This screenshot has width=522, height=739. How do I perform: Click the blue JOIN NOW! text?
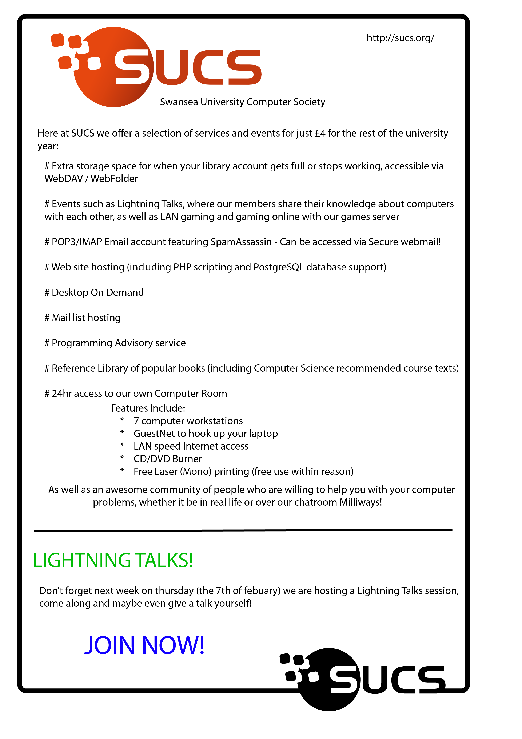click(x=144, y=646)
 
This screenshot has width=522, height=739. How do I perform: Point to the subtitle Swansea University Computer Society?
click(x=243, y=102)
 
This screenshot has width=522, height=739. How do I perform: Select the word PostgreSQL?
click(x=279, y=268)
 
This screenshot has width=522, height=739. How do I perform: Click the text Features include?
click(x=148, y=408)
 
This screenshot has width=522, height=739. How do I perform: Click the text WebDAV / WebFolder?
click(x=91, y=179)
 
